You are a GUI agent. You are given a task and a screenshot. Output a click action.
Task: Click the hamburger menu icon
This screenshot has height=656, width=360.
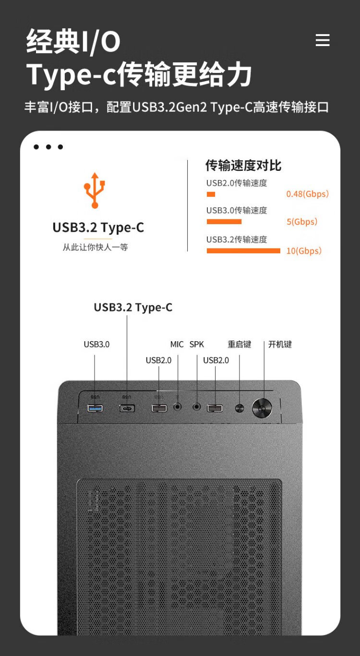[323, 40]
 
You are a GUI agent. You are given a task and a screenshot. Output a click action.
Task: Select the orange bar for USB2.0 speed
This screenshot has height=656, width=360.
[211, 194]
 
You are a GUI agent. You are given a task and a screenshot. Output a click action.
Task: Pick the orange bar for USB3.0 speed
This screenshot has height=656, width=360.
[224, 222]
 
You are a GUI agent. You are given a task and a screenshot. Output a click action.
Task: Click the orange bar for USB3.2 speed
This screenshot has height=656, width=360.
[243, 250]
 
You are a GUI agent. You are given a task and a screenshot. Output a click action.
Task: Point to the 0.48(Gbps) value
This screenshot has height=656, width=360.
[308, 194]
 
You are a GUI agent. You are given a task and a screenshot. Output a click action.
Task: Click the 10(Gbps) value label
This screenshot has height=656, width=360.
[304, 250]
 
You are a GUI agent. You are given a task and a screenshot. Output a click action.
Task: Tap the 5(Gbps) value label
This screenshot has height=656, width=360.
[302, 222]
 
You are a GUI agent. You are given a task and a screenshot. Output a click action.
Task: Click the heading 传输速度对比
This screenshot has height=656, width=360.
[243, 166]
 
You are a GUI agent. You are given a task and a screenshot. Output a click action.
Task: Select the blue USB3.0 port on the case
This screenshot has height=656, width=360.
[95, 408]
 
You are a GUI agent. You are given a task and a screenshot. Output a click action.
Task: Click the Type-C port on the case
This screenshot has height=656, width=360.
[127, 408]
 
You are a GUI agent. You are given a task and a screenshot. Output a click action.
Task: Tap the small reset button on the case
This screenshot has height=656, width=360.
[240, 408]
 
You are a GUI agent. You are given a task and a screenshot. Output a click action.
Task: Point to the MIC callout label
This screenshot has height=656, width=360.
[177, 344]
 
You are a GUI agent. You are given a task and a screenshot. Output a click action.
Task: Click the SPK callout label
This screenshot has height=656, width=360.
[197, 344]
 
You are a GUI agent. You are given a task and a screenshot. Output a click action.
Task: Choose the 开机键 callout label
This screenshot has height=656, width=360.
[280, 344]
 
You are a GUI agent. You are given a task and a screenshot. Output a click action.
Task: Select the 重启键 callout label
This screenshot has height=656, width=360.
[240, 344]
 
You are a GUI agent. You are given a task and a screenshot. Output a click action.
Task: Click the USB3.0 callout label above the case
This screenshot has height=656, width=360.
[96, 344]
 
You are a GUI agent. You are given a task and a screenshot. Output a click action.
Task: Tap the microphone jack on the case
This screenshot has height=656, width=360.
[178, 406]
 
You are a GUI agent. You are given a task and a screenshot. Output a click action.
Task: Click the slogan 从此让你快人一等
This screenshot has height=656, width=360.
[95, 248]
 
